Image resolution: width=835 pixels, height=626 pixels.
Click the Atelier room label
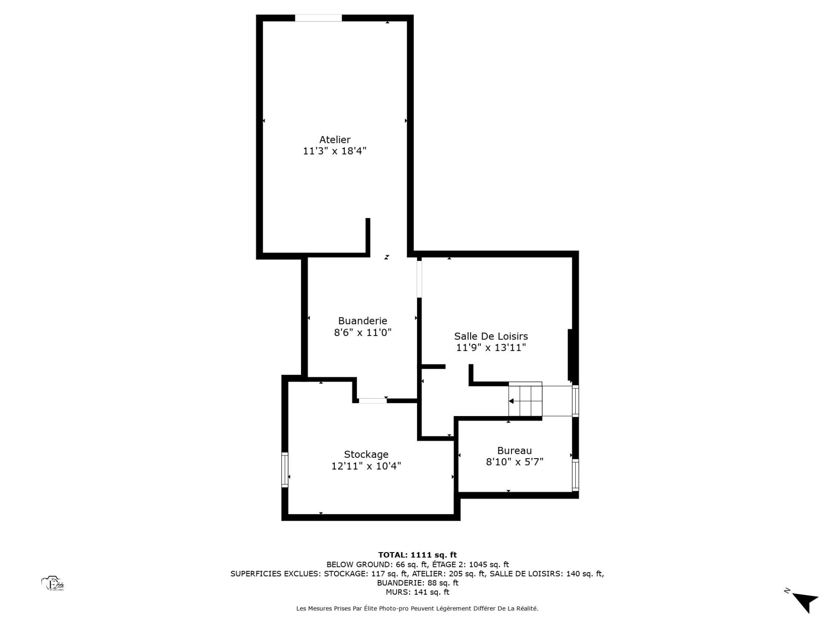pos(335,140)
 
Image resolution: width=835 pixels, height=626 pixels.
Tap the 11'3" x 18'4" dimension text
pos(335,151)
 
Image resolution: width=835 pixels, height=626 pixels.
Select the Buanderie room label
pos(363,321)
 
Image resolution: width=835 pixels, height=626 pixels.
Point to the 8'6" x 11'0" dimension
pos(363,333)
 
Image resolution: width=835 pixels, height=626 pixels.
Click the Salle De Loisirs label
pos(491,336)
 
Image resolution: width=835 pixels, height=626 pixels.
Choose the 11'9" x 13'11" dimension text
pos(491,347)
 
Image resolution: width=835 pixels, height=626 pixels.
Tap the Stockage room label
pos(366,455)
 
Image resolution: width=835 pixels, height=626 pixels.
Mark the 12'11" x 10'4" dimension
pos(366,466)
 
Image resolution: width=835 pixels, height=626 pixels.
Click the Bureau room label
pos(514,451)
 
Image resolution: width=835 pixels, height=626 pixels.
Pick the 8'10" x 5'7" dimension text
pos(514,462)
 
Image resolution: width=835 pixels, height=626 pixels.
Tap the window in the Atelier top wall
pos(318,18)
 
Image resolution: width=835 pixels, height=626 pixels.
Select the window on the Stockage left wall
pos(285,469)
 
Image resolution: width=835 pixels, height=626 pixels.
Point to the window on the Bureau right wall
pos(575,475)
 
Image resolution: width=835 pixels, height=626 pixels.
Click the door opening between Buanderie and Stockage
pos(372,400)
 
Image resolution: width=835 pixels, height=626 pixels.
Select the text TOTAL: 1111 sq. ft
pos(417,555)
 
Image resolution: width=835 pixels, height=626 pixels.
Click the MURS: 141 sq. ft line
pos(417,592)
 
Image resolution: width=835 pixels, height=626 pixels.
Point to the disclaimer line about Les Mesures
pos(417,609)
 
